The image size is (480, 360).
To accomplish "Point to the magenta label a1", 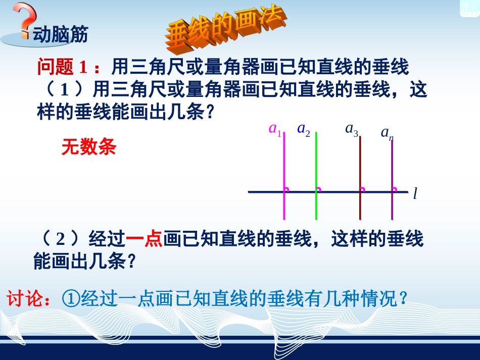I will [275, 130].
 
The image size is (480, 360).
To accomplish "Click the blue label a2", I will [304, 130].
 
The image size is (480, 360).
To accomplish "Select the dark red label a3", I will [352, 129].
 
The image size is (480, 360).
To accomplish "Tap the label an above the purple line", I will [387, 133].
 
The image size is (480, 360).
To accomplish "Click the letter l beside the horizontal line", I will [415, 194].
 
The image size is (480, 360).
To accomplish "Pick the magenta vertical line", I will [284, 167].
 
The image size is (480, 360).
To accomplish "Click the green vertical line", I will [316, 167].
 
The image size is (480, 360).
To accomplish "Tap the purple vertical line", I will [392, 172].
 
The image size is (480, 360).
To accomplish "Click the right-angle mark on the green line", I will [319, 190].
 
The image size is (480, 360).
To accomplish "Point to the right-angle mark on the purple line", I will [395, 190].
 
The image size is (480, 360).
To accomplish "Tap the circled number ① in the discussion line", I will [70, 298].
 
